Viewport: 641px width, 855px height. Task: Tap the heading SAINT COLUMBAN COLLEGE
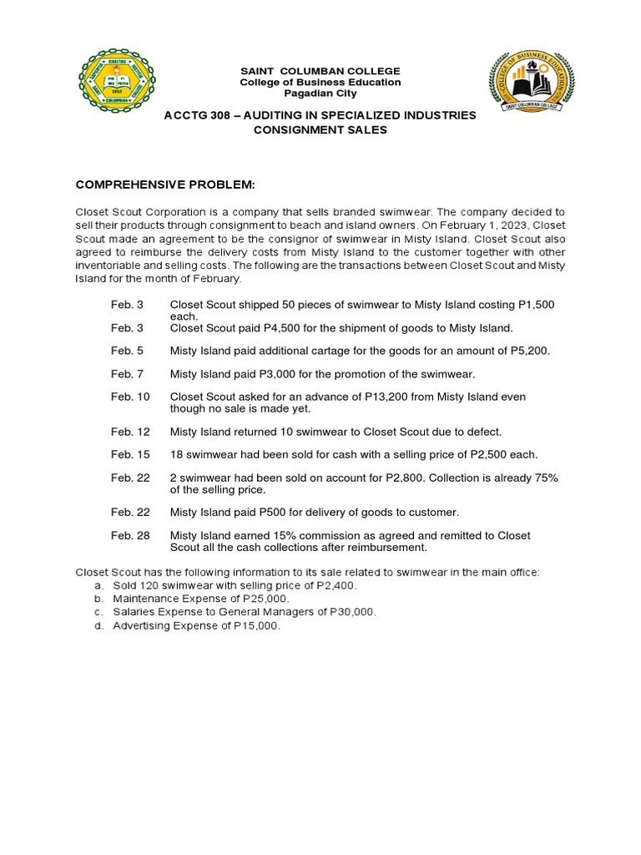coord(320,71)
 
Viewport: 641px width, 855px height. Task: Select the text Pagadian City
coord(320,94)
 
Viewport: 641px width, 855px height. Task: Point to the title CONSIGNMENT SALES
coord(320,130)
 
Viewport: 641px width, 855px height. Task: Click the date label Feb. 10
coord(130,397)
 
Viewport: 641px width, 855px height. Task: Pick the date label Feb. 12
coord(130,432)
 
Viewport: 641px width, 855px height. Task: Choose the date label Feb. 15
coord(130,454)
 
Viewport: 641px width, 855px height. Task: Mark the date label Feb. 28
coord(130,535)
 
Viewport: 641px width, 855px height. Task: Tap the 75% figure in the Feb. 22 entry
coord(544,478)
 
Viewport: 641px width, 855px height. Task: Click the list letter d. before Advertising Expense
coord(98,625)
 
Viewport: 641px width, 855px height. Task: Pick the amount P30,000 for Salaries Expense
coord(350,612)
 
